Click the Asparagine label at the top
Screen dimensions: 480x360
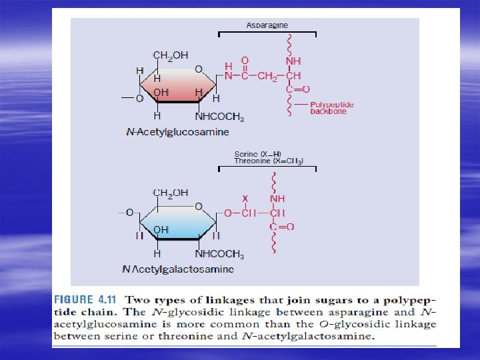(267, 25)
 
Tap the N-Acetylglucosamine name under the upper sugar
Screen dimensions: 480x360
(177, 132)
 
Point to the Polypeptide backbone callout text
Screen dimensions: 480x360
(332, 108)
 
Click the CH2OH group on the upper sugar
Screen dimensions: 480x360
(171, 55)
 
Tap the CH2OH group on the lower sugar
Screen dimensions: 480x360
(171, 193)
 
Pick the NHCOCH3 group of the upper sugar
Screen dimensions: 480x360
(219, 118)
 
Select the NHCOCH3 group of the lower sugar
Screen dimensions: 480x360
(219, 255)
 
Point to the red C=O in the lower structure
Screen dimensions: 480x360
(282, 227)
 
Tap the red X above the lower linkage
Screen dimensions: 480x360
(245, 199)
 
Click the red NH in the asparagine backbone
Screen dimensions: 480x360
(293, 61)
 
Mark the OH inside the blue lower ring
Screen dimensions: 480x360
(161, 230)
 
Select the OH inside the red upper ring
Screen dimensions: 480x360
(161, 92)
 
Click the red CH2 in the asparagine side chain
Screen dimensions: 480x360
(268, 75)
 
